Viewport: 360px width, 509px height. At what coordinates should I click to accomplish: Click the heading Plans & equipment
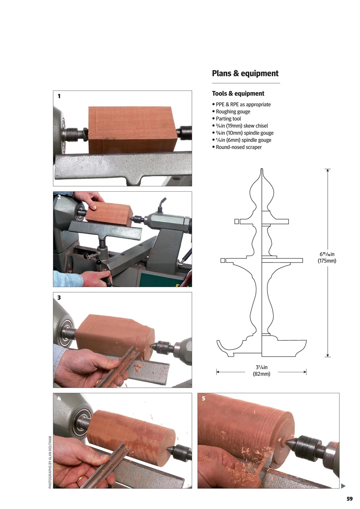tap(245, 74)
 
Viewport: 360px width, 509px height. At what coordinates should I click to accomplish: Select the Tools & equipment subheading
tap(238, 94)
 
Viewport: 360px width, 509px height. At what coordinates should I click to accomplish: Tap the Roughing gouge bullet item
tap(233, 112)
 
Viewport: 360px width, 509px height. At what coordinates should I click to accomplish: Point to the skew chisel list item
tap(242, 126)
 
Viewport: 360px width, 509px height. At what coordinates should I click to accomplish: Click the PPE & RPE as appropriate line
tap(243, 105)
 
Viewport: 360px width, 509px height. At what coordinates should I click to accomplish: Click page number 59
tap(349, 499)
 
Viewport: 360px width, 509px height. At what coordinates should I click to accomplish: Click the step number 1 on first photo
tap(59, 96)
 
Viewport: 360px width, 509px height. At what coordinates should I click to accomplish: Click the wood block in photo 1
tap(132, 130)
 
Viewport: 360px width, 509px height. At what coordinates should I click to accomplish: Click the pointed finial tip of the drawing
tap(262, 171)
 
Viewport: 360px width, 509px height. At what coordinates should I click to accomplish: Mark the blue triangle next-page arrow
tap(343, 486)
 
